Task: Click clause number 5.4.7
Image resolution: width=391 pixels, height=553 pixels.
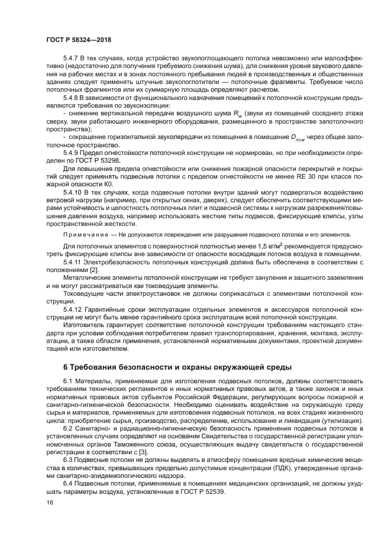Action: click(x=72, y=59)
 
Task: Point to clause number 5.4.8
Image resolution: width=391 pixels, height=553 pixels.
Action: click(x=72, y=96)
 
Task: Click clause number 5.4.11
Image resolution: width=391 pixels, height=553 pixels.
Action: click(x=74, y=261)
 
